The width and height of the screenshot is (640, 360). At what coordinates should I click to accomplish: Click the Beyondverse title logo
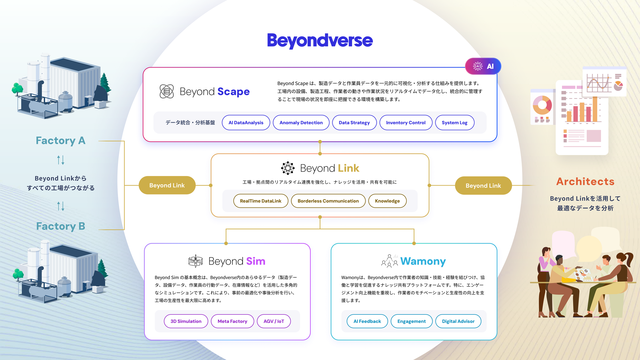point(320,41)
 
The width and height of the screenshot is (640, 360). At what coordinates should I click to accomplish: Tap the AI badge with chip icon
point(483,66)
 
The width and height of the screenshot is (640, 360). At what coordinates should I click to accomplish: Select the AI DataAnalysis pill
point(246,123)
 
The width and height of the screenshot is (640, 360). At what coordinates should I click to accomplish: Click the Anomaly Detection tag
point(301,123)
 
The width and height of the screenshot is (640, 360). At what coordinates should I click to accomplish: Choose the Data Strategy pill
point(354,123)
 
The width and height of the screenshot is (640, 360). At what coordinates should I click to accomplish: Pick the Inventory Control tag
point(406,123)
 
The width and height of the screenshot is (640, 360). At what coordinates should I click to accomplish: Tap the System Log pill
point(454,123)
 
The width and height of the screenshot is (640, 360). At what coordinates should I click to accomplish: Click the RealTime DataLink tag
point(260,201)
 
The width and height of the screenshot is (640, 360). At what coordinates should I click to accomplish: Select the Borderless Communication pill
point(328,201)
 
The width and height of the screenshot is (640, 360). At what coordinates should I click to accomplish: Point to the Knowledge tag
point(387,201)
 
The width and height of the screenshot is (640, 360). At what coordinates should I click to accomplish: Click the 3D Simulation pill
point(186,321)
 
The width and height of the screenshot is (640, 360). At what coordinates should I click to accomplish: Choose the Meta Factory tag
point(232,321)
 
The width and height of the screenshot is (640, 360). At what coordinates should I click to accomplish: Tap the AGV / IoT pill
point(274,321)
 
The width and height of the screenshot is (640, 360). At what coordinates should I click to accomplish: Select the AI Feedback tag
point(367,321)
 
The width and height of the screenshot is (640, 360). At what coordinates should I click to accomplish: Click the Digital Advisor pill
point(458,321)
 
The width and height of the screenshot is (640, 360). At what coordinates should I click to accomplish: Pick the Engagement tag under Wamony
point(411,321)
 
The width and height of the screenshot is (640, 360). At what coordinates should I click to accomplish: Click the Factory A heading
point(61,141)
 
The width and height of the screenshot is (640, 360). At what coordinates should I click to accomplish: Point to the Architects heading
point(585,182)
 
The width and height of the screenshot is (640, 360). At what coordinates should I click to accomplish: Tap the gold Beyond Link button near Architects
point(483,186)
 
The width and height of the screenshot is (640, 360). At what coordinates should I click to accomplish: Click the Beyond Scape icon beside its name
point(167,91)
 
